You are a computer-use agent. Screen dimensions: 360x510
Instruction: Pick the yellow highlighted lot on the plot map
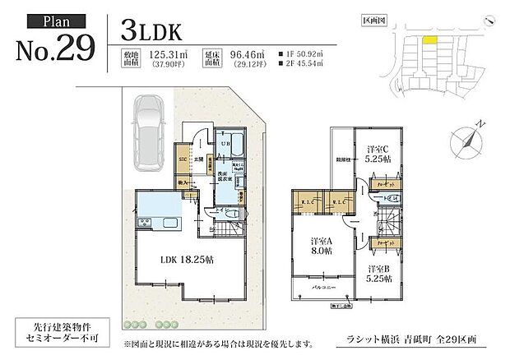(429, 37)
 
